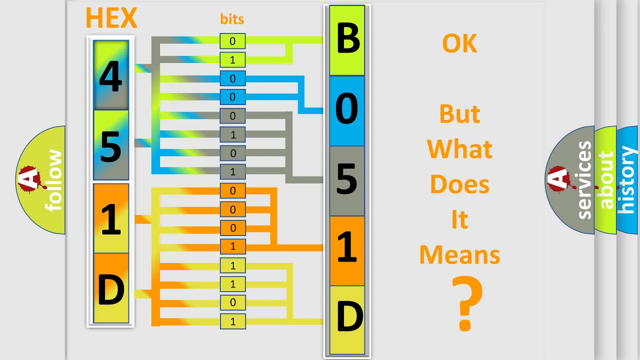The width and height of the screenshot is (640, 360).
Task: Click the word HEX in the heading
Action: (111, 17)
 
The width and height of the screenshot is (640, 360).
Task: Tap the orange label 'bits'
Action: (232, 19)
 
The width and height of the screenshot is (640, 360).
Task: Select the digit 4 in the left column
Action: (110, 76)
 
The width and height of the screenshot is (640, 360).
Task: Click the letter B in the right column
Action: (347, 38)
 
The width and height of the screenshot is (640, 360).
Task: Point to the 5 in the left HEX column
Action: (111, 146)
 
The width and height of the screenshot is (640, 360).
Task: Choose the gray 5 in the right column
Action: (347, 181)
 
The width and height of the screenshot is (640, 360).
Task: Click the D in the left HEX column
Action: (111, 289)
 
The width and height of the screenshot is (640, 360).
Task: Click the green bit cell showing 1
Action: (232, 60)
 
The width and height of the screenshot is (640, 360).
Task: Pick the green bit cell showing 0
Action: (232, 41)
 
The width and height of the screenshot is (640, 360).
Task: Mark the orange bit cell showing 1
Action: (232, 246)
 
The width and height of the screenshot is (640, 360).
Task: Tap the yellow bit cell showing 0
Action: (232, 302)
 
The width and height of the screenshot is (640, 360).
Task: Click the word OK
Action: (459, 43)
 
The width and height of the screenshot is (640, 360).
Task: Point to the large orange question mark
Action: (467, 303)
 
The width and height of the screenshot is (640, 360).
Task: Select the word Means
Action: (459, 254)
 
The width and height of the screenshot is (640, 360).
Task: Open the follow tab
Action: (40, 180)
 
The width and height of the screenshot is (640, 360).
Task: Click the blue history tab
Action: (627, 180)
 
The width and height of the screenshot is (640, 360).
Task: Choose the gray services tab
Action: (569, 180)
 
